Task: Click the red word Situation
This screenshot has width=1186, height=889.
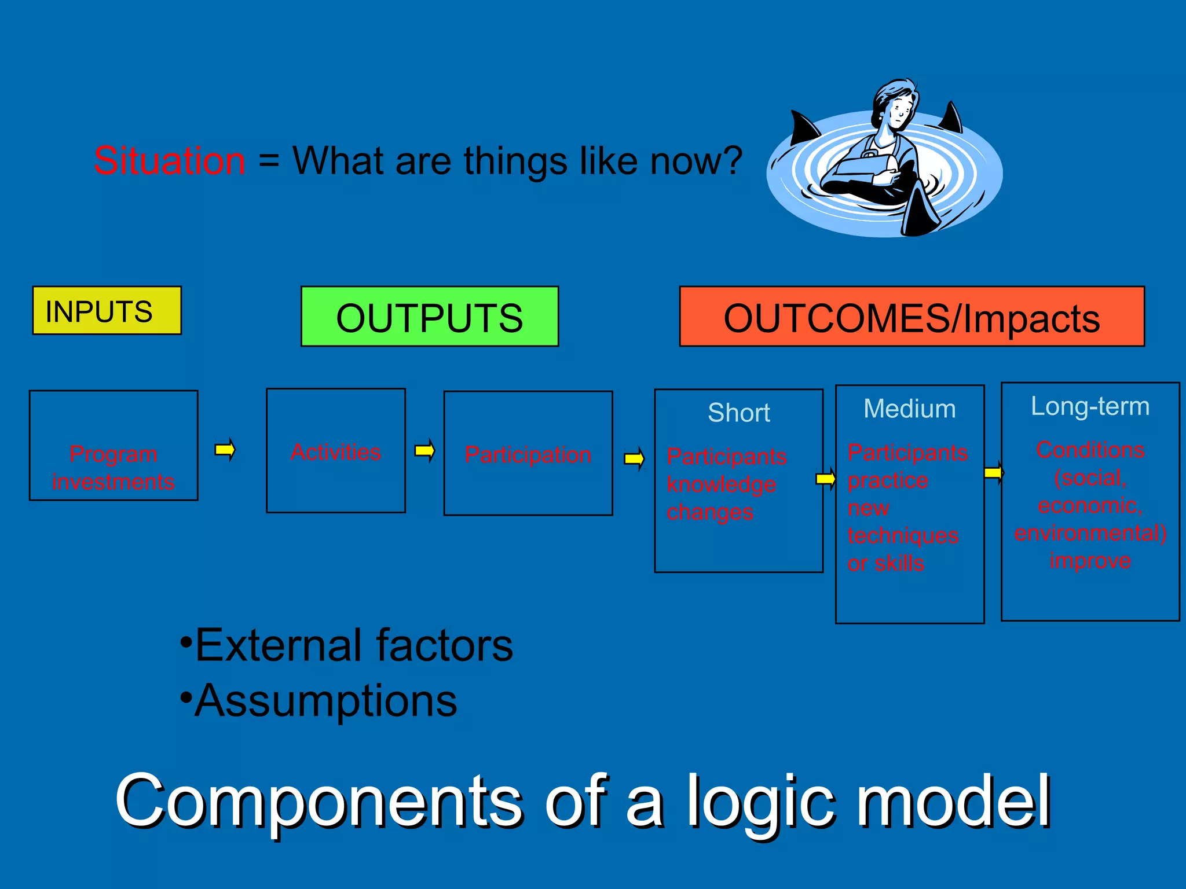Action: point(170,161)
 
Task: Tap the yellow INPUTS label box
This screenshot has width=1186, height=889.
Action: point(107,311)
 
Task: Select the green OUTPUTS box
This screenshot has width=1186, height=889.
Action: point(429,317)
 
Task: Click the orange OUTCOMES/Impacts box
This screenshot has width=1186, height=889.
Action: point(912,317)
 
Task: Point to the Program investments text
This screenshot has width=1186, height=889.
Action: point(114,468)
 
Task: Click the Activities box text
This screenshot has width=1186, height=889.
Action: point(336,452)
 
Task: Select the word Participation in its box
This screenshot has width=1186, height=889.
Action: point(528,455)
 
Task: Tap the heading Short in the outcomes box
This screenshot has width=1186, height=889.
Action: point(738,413)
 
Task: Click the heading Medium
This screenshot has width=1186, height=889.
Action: point(909,409)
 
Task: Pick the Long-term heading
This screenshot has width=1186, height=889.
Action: point(1090,406)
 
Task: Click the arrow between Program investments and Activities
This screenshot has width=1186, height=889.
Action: point(225,450)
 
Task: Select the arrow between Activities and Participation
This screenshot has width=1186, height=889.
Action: point(424,450)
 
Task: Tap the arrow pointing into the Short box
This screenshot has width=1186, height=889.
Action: point(634,460)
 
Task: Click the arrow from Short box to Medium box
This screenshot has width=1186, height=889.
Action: point(826,479)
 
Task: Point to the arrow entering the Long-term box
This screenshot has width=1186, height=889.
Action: point(994,473)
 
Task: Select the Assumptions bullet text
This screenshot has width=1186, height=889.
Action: point(325,700)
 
